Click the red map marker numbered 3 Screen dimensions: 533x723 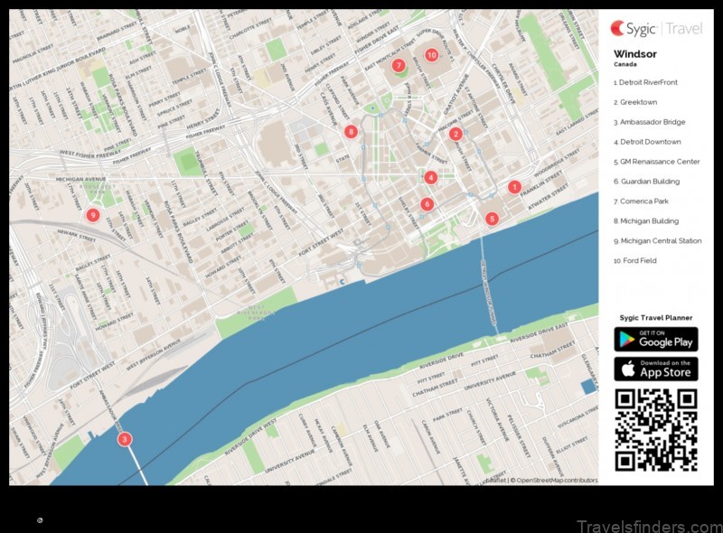[125, 440]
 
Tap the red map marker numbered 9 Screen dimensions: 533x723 [92, 215]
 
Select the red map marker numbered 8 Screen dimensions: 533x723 [351, 132]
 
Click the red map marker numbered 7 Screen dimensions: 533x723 [399, 65]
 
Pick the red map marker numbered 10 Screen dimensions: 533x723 [432, 55]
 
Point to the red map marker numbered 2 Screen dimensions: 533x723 [455, 134]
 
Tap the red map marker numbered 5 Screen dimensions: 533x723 [492, 218]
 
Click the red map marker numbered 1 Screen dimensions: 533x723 [514, 188]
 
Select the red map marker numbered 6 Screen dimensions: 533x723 [427, 204]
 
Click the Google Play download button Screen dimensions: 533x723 [656, 339]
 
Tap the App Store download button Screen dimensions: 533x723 [656, 369]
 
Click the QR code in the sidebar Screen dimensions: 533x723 [656, 430]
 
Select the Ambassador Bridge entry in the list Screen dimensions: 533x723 [649, 122]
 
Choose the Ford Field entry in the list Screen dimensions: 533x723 [634, 261]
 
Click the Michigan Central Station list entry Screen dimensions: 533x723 [657, 241]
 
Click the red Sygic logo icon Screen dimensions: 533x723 [619, 28]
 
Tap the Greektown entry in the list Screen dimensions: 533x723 [635, 102]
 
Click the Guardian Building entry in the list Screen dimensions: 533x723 [646, 182]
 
